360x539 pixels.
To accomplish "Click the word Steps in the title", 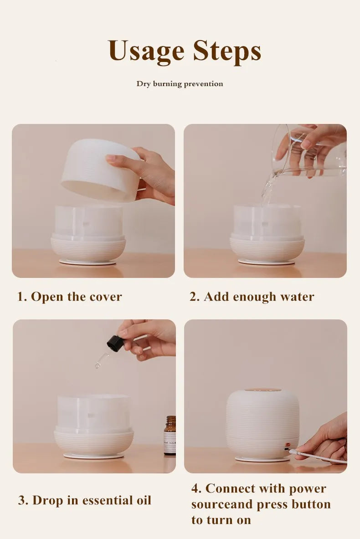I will (x=227, y=51).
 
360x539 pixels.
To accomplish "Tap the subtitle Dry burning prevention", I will (x=180, y=84).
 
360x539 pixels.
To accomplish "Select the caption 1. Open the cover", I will (x=69, y=297).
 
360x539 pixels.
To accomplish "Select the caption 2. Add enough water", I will (x=252, y=297).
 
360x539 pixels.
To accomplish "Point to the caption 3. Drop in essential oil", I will (x=84, y=500).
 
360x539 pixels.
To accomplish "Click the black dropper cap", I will (x=115, y=343).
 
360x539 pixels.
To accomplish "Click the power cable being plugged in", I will (x=319, y=457).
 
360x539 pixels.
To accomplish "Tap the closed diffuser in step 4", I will (x=262, y=424).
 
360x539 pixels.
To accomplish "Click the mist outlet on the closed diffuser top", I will (x=262, y=390).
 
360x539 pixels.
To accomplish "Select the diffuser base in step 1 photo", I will (x=88, y=248).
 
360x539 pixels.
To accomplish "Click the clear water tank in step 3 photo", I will (x=94, y=412).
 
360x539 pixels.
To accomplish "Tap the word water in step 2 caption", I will (x=297, y=297).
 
